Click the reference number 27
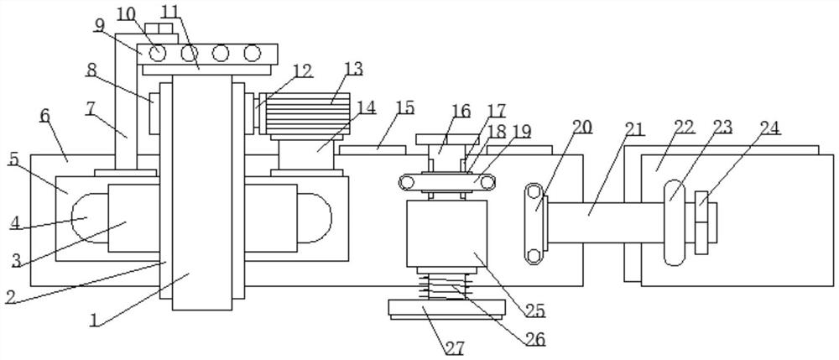455,347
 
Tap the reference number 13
354,69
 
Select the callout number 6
45,114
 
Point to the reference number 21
634,128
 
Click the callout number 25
535,310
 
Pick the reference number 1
94,320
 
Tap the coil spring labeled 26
445,286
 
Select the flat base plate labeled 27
446,310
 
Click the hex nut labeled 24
701,222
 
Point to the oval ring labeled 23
675,222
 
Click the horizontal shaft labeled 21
606,222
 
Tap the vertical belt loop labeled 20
534,223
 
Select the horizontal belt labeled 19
447,183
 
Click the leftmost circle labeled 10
156,53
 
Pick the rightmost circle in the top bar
252,53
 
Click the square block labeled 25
447,234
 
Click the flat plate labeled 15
373,150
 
